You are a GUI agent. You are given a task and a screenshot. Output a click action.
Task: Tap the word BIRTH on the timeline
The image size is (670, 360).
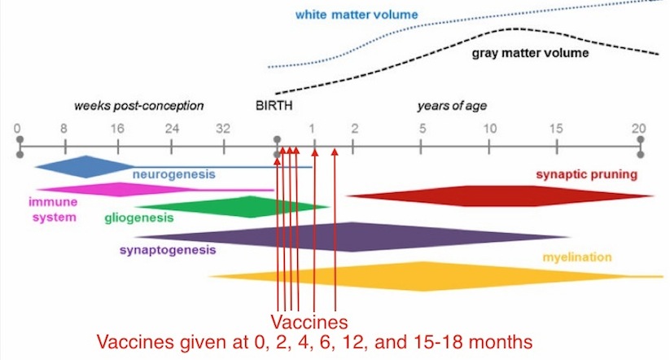click(x=274, y=106)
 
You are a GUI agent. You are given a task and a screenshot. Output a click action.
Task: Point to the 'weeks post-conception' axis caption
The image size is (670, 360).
click(x=138, y=106)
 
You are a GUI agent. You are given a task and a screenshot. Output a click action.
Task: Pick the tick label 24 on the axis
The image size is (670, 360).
click(x=171, y=128)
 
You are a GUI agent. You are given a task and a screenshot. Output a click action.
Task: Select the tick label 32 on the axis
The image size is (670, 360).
click(x=224, y=128)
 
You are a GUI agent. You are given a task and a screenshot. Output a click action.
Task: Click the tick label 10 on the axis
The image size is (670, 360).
click(x=489, y=128)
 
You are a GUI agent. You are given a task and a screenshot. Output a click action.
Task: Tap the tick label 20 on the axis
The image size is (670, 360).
click(x=640, y=128)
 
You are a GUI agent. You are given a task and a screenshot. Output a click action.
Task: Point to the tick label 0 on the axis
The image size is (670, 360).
click(x=18, y=128)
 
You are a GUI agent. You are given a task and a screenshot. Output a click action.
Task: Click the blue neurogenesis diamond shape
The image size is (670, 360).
click(x=81, y=166)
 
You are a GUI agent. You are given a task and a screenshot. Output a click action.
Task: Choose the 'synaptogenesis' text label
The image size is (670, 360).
click(x=168, y=250)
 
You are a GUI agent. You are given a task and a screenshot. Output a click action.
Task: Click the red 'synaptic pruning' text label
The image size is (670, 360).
click(x=585, y=174)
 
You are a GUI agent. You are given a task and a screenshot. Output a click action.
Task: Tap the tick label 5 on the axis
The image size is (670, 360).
click(x=421, y=128)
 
